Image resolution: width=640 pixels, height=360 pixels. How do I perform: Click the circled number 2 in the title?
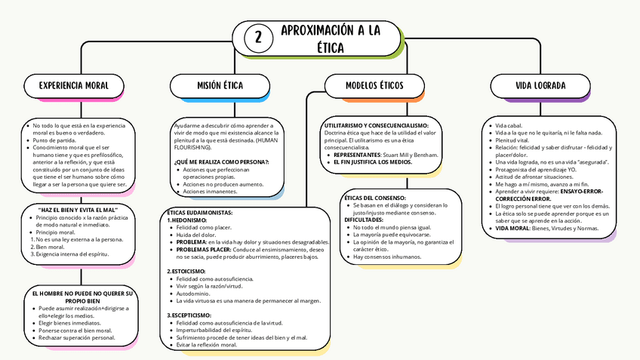point(259,38)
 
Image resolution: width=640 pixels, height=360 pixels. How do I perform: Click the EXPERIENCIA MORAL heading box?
point(74,85)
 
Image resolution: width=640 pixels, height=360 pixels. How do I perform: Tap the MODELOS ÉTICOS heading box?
point(374,85)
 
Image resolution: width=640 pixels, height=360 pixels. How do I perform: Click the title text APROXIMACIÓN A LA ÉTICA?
point(330,38)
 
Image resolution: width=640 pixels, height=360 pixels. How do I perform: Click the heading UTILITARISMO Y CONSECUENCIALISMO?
point(376,125)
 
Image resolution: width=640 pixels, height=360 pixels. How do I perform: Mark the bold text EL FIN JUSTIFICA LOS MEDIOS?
point(372,162)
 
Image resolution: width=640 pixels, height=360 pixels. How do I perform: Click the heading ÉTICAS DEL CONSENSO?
point(374,197)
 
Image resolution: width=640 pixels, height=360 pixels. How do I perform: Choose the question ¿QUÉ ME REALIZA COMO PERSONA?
point(221,162)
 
